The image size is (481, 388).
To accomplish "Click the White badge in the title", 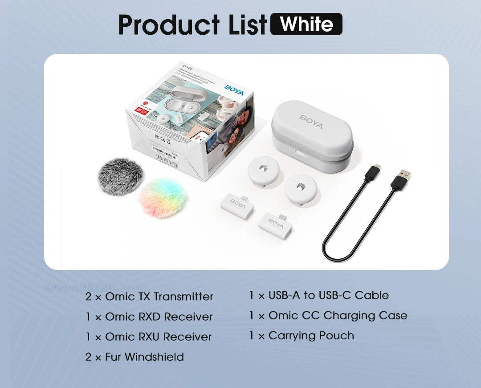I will [x=306, y=24].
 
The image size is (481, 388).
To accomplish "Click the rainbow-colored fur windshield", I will [x=163, y=197].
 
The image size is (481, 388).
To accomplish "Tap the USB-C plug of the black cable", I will [x=373, y=172].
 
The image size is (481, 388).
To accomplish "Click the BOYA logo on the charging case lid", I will [x=311, y=122].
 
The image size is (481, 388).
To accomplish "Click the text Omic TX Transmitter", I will [x=159, y=297].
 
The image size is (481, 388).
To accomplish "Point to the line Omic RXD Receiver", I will [x=159, y=317].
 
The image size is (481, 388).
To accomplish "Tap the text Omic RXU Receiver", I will [x=158, y=337].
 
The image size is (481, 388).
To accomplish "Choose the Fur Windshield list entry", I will [x=144, y=357].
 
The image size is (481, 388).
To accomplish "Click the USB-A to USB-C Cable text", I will [x=328, y=295].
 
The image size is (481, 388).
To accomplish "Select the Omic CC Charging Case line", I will [x=338, y=315].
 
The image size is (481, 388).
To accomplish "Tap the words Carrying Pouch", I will [x=311, y=336].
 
